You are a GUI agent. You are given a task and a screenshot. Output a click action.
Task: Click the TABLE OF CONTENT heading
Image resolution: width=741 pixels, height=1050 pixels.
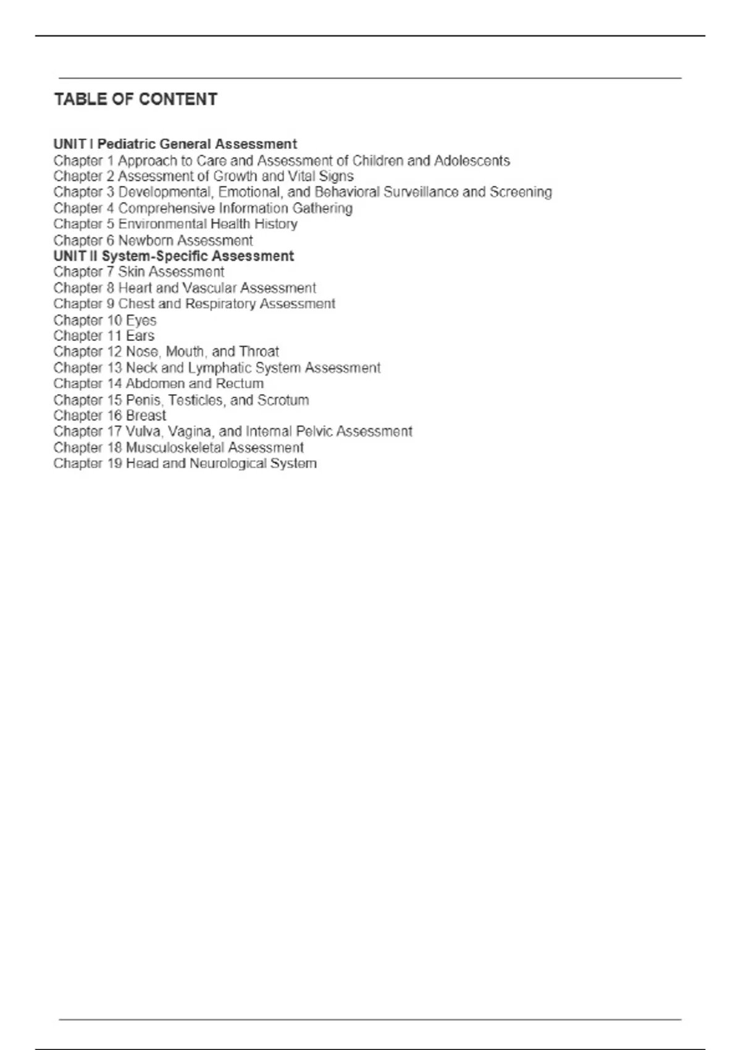(136, 99)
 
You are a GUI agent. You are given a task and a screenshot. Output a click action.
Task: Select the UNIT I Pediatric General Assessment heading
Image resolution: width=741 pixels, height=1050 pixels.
(175, 145)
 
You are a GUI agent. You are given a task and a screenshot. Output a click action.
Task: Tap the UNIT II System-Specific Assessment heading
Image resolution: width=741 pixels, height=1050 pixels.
(174, 256)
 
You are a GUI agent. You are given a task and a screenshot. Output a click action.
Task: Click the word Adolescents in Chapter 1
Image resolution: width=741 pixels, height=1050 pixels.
(472, 161)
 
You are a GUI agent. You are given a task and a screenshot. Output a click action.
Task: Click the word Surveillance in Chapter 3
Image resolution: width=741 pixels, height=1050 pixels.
(421, 192)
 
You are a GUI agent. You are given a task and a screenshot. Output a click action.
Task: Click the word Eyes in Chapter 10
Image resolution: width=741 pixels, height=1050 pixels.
(141, 321)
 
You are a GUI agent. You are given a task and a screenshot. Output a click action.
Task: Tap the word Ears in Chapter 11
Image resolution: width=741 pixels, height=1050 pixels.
(140, 336)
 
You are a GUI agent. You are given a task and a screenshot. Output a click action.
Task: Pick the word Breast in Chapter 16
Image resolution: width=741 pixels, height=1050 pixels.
(146, 416)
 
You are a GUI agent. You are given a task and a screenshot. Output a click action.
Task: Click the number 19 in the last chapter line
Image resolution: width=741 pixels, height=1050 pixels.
(115, 464)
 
